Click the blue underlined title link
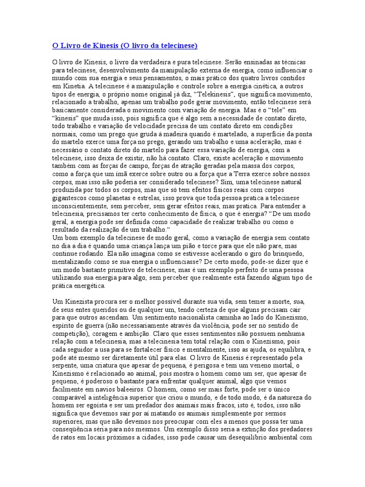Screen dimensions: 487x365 click(125, 46)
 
